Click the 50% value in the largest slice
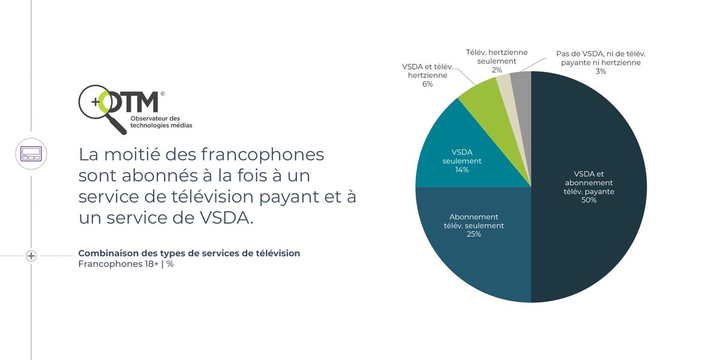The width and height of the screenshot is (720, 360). pyautogui.click(x=589, y=200)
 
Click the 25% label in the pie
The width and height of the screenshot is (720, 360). pyautogui.click(x=473, y=235)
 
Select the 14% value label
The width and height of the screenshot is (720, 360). pyautogui.click(x=462, y=170)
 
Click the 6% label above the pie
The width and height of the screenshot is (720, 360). pyautogui.click(x=427, y=85)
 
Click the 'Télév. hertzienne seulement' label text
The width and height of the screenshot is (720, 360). pyautogui.click(x=497, y=56)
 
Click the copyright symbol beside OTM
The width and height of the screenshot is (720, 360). pyautogui.click(x=163, y=94)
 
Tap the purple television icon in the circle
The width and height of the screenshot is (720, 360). pyautogui.click(x=31, y=154)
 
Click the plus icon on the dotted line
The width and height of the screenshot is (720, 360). pyautogui.click(x=31, y=256)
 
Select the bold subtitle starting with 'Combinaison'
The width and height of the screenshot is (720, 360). pyautogui.click(x=189, y=253)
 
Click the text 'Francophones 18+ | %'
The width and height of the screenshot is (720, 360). pyautogui.click(x=126, y=265)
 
